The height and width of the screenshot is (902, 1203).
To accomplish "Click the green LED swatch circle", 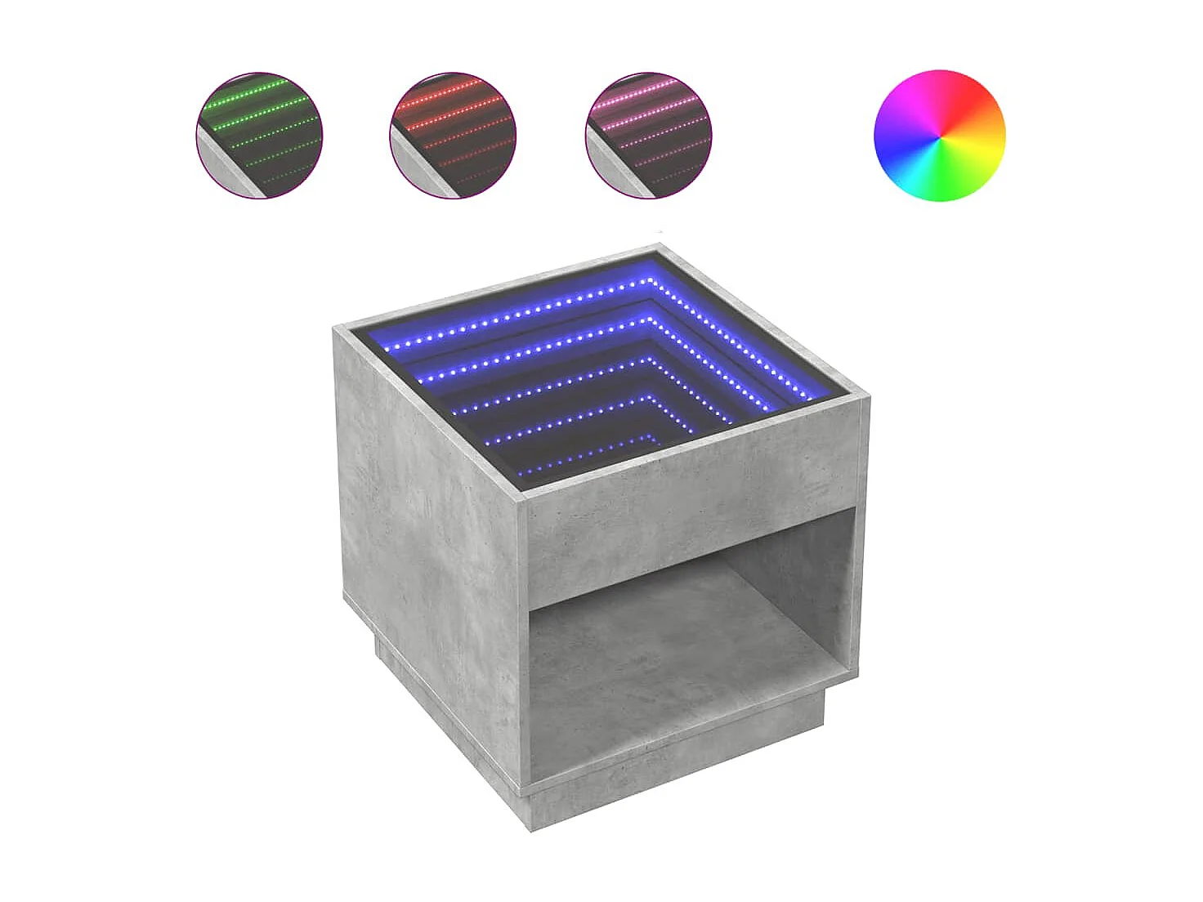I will (260, 136).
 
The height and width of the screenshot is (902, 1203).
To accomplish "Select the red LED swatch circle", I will (453, 136).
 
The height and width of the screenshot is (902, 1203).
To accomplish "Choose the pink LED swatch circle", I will (649, 136).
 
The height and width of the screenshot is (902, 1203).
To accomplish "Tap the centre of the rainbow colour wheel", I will (940, 136).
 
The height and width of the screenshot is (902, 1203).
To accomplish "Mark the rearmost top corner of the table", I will (659, 247).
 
